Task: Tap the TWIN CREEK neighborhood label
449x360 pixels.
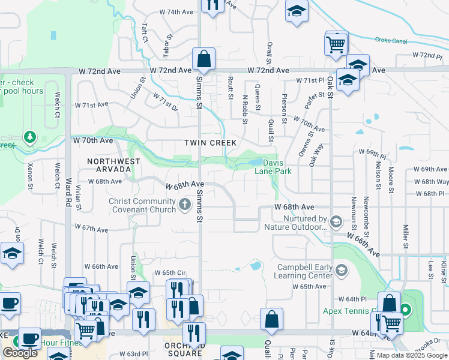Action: [x=210, y=142]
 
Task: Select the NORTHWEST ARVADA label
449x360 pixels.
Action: [x=113, y=166]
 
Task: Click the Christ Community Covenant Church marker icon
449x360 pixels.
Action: [x=185, y=206]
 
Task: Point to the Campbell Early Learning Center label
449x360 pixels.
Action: [x=304, y=271]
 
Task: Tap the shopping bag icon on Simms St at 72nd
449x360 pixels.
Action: [x=204, y=59]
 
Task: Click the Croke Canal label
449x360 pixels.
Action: [x=391, y=40]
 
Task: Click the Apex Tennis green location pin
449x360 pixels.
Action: [x=406, y=310]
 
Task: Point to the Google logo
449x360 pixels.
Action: [x=20, y=353]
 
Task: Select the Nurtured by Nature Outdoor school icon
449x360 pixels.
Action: [x=336, y=223]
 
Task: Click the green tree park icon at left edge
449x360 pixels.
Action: [x=29, y=138]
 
